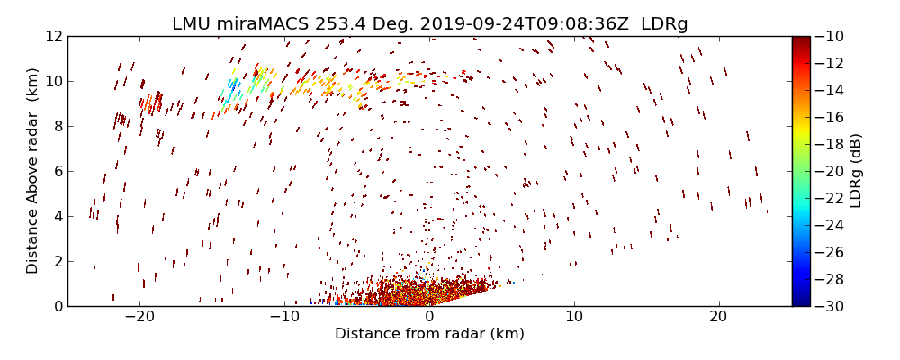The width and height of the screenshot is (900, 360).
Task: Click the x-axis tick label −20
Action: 139,318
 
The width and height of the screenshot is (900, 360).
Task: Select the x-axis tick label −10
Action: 283,318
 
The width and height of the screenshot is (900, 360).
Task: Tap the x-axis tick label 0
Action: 429,318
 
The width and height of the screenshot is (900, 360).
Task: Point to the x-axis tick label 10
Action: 574,318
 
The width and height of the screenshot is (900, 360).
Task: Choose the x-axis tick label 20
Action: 718,318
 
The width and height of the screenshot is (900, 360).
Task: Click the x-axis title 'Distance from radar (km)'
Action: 429,334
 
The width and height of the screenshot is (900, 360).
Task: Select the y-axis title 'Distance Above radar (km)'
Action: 32,171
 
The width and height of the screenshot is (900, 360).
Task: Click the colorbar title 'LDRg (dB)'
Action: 856,171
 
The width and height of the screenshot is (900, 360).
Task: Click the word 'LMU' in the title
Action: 191,24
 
